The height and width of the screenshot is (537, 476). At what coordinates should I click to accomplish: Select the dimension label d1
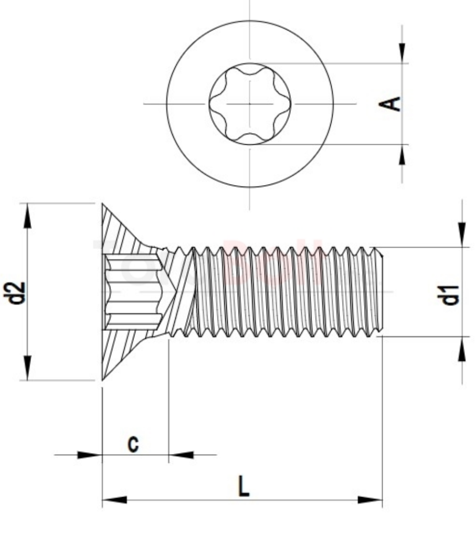click(450, 295)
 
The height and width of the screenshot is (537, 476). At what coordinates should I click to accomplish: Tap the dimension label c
click(134, 444)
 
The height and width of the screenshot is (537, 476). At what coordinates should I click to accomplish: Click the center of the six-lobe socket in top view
click(250, 103)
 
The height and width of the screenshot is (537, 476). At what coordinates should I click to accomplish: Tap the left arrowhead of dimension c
click(89, 455)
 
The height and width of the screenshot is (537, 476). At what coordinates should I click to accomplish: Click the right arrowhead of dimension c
click(181, 455)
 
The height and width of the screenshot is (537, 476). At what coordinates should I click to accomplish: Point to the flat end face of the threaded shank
click(382, 292)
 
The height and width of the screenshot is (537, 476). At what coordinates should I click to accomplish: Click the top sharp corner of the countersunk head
click(102, 204)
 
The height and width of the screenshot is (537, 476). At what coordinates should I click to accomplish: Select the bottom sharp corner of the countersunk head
click(102, 380)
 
